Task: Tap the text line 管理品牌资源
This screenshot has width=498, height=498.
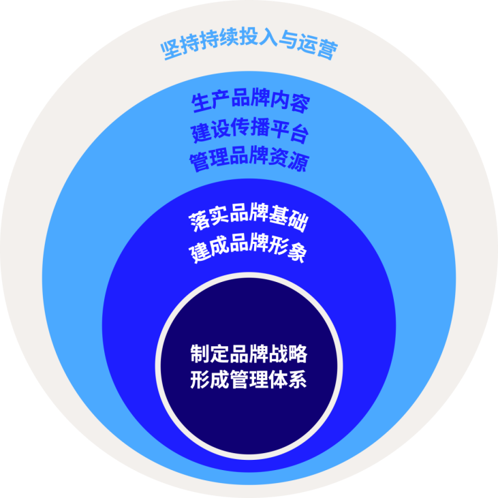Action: coord(250,163)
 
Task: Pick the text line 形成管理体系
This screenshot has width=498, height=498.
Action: coord(249,379)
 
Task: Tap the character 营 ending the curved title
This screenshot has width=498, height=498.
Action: coord(326,50)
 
